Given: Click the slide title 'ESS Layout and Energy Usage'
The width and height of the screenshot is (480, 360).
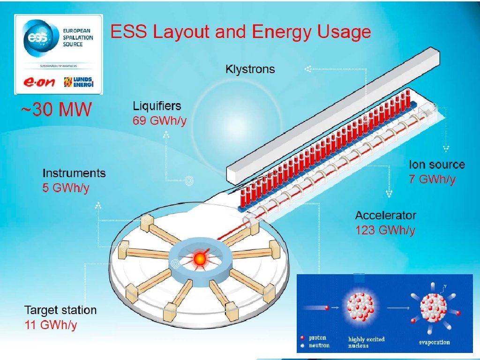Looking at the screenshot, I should pos(240,32).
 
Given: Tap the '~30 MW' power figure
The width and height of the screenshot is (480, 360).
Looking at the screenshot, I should pos(56,110).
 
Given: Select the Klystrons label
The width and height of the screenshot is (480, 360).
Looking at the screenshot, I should pos(250,70).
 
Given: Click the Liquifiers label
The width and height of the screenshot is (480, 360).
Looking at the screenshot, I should pos(157,106).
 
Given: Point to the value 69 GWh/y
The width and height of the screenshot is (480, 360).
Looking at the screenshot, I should pos(159,120).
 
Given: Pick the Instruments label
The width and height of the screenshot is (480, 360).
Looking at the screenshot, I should pos(74,173).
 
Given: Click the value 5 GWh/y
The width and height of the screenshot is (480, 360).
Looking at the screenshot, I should pos(66,188).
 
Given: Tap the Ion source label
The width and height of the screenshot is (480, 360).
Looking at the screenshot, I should pos(436,165).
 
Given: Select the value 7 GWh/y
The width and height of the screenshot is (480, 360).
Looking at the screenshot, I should pos(432,179).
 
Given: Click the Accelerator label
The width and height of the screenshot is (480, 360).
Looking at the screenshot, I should pos(385,216).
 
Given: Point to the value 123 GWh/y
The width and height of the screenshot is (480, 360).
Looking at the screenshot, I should pos(385,230).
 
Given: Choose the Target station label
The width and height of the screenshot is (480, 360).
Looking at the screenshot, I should pos(60,310).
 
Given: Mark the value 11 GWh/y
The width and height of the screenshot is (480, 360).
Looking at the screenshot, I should pos(50,324).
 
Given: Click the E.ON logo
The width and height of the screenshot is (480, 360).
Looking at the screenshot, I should pos(39,82).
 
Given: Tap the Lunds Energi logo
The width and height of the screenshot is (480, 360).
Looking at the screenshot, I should pos(78,82).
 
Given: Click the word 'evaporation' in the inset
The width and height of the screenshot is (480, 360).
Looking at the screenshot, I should pos(434,342).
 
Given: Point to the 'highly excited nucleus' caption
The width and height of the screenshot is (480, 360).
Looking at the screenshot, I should pos(366,342).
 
